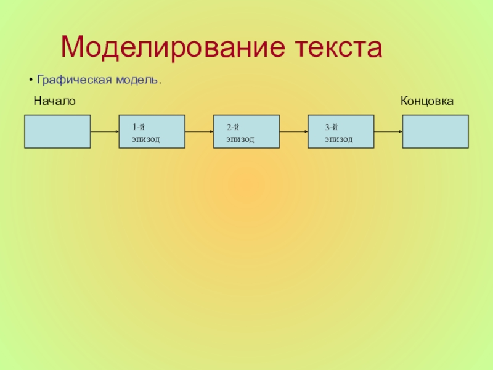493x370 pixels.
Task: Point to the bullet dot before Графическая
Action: [x=31, y=81]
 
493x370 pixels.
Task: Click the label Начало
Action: [x=54, y=100]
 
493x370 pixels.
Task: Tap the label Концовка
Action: [x=427, y=100]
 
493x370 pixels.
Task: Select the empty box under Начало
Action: [x=57, y=131]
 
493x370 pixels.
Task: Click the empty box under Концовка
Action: [x=434, y=131]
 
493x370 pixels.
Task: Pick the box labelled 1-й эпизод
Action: [x=152, y=131]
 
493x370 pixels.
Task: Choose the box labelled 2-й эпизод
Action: [x=246, y=131]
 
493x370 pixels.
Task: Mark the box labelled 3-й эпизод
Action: [x=341, y=131]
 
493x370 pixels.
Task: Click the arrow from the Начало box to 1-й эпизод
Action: [x=105, y=131]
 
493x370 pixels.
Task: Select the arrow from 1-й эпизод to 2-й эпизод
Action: [x=199, y=131]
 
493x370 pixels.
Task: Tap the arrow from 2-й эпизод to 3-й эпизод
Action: [x=293, y=131]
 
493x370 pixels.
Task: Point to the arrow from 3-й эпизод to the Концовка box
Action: [x=388, y=131]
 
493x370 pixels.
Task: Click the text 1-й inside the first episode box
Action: [x=138, y=127]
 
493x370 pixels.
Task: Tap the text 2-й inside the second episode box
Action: [x=232, y=127]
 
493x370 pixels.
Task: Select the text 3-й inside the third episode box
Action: [x=332, y=127]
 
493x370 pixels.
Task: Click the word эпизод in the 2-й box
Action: [x=240, y=139]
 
